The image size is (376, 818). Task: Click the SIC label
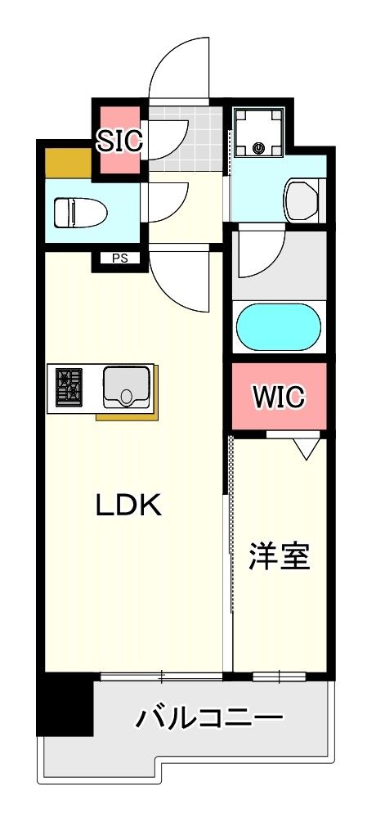pyautogui.click(x=121, y=140)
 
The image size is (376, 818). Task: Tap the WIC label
pyautogui.click(x=278, y=397)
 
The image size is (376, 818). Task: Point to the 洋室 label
pyautogui.click(x=280, y=556)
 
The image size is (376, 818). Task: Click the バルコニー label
pyautogui.click(x=210, y=720)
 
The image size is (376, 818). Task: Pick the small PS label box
pyautogui.click(x=120, y=259)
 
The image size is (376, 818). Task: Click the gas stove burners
pyautogui.click(x=69, y=386)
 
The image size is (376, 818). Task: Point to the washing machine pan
pyautogui.click(x=259, y=133)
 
